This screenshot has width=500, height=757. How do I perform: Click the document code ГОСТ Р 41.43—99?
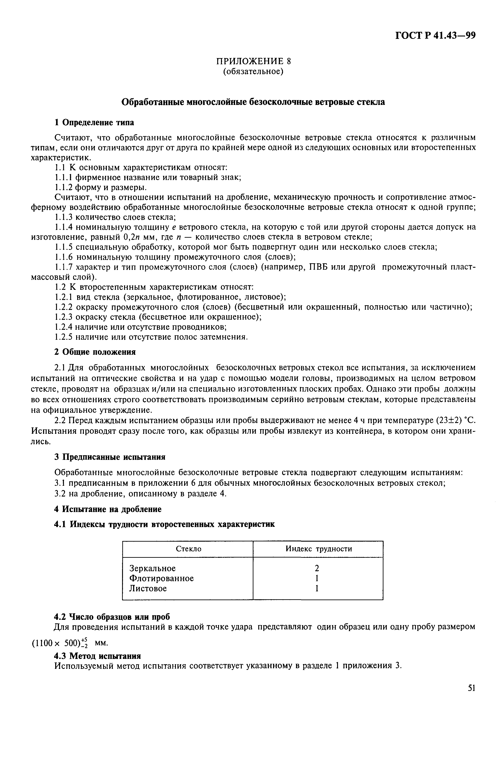435,35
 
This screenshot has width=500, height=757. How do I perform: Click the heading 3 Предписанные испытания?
110,457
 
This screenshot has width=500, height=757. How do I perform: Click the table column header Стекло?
189,549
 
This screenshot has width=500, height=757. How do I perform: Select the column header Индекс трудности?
319,549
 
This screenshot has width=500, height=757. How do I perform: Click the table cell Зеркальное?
152,568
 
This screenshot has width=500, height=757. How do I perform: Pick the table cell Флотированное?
161,578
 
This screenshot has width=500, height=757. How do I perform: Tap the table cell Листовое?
148,588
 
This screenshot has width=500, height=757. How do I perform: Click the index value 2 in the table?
317,568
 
